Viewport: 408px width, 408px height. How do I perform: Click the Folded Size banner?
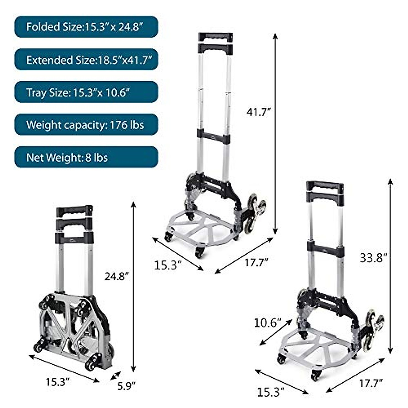(x=86, y=27)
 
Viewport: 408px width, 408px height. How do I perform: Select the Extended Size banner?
(x=86, y=60)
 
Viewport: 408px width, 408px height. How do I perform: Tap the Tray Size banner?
(x=86, y=92)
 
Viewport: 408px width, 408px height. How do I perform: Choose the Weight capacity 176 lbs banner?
(x=86, y=125)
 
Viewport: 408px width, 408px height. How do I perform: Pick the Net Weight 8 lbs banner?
(x=86, y=157)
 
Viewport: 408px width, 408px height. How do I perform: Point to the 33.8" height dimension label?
(x=373, y=258)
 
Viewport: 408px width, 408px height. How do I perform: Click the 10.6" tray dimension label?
(x=268, y=322)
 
